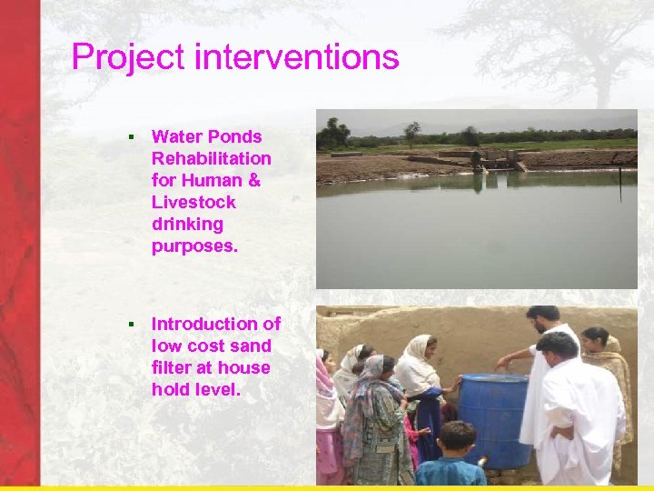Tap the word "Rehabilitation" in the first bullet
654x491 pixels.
pos(211,158)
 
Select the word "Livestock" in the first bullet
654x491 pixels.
pos(193,202)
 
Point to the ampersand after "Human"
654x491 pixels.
pos(253,180)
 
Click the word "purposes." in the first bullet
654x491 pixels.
pos(194,245)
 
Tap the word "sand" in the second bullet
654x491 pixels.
pos(253,346)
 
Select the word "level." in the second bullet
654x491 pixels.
pos(214,389)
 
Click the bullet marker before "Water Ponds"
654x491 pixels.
pos(131,137)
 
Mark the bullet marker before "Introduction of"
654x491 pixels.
pos(131,324)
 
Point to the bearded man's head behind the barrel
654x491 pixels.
pos(543,320)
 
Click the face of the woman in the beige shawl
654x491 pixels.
pos(595,342)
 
